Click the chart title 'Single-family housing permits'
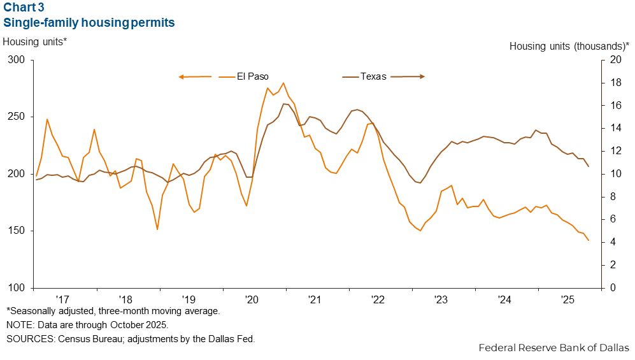click(x=89, y=23)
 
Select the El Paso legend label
click(x=253, y=76)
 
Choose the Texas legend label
click(x=373, y=76)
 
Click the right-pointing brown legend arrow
click(x=408, y=76)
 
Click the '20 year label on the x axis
click(x=251, y=299)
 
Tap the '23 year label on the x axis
click(x=441, y=299)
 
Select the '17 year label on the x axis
click(x=62, y=299)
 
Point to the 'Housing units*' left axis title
click(x=35, y=41)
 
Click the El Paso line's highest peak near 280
click(x=283, y=83)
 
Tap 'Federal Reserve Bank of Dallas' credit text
click(x=553, y=348)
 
